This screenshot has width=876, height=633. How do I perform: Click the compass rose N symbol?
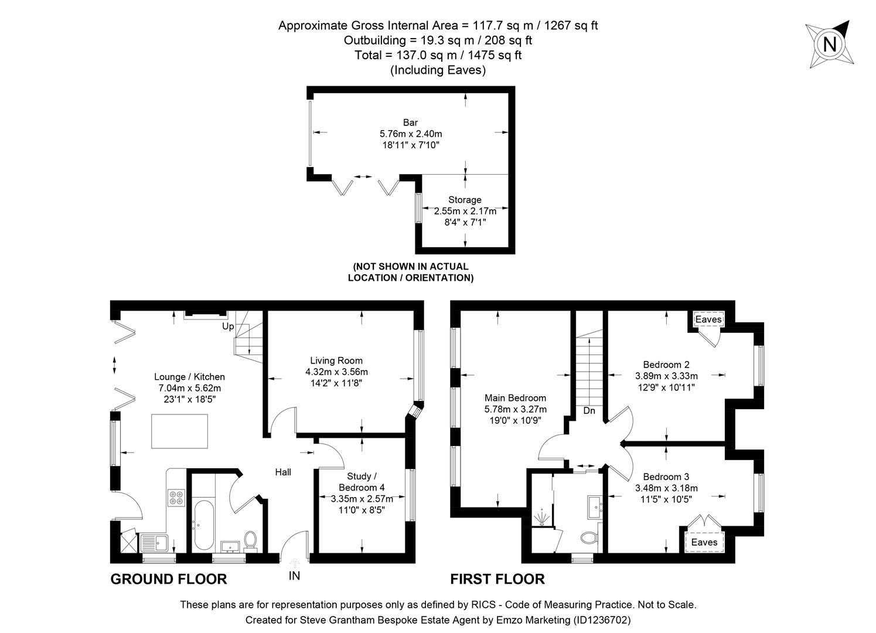pos(829,44)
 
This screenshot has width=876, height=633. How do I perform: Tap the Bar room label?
pos(410,122)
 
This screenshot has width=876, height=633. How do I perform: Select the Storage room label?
pos(465,200)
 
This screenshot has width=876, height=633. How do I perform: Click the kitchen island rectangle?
pos(179,431)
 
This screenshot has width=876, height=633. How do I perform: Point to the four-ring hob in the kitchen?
pos(176,497)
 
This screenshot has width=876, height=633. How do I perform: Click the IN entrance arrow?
pos(294,564)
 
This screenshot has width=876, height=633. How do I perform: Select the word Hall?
pos(283,472)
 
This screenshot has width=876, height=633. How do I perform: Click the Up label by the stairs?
pos(227,326)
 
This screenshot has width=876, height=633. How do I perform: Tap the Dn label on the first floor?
pos(589,411)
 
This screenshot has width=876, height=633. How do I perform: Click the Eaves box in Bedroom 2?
pos(708,319)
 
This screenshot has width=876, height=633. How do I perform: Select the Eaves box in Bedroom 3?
pos(704,542)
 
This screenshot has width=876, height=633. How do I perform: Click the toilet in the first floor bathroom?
pos(588,537)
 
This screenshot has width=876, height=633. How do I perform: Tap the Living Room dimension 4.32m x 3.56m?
pos(336,372)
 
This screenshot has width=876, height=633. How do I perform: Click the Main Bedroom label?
pos(515,398)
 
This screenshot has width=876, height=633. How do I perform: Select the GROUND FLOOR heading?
pos(168,579)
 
